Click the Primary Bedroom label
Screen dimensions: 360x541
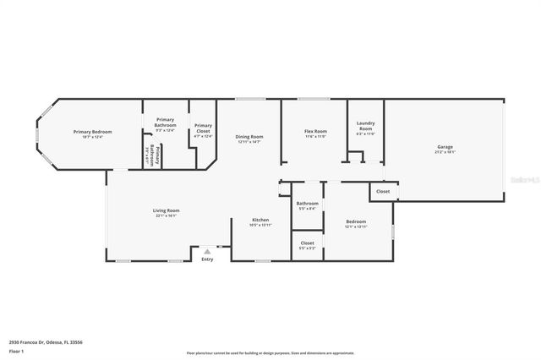(92, 132)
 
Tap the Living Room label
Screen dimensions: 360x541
(167, 210)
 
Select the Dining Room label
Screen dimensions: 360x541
(249, 137)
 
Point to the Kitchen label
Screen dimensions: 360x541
(260, 220)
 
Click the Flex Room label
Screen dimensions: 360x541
(314, 132)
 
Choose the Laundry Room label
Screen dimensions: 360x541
(365, 126)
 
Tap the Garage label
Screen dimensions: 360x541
(445, 147)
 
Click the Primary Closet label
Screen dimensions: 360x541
(203, 128)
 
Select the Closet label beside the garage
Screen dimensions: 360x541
(383, 192)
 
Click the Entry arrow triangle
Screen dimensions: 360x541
(207, 251)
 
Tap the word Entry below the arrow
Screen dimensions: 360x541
(207, 259)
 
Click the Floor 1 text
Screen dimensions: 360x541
(16, 350)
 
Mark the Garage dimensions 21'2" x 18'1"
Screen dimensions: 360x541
(445, 153)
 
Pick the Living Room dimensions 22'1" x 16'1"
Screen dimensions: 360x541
(167, 216)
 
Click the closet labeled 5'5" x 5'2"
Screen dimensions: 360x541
(308, 248)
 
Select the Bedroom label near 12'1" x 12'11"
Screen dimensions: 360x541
(356, 221)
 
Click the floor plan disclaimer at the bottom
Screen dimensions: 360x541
(270, 353)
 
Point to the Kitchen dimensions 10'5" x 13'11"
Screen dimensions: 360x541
(260, 226)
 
